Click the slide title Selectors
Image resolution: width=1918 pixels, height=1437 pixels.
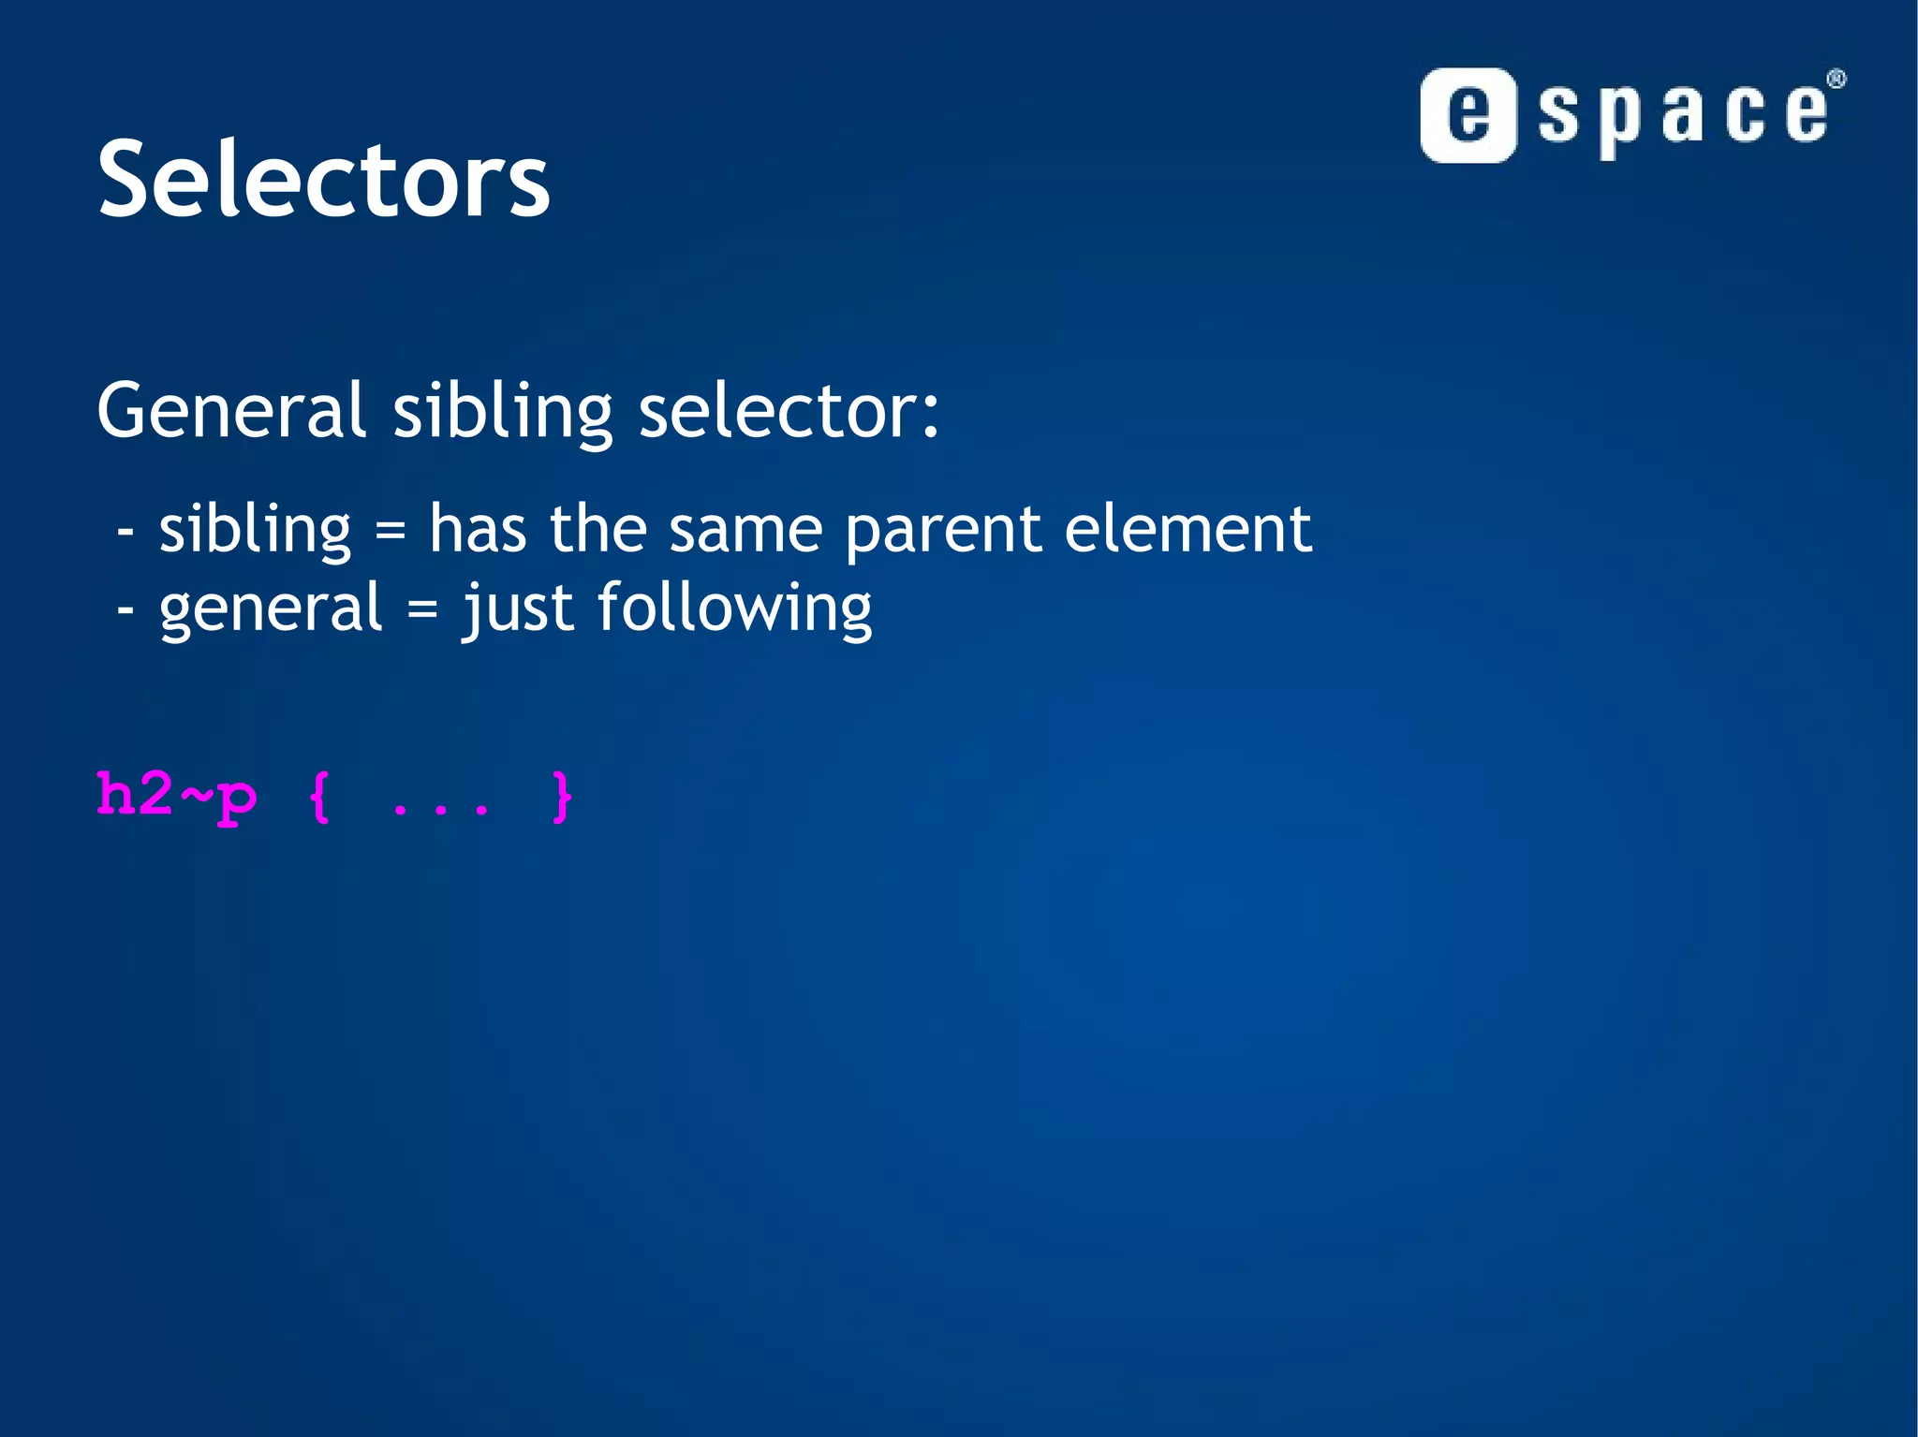tap(323, 180)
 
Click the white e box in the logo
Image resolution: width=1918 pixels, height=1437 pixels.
tap(1468, 115)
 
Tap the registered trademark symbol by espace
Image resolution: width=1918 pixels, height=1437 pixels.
tap(1837, 80)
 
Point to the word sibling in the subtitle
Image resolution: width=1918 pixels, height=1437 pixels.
tap(502, 412)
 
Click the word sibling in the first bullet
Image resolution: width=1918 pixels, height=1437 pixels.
tap(255, 530)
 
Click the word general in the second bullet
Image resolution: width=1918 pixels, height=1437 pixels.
tap(271, 609)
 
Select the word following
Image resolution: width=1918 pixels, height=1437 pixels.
tap(734, 609)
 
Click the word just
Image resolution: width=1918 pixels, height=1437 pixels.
tap(518, 609)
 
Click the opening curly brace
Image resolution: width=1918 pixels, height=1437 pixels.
tap(320, 797)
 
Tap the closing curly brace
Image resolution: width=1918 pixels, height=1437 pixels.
tap(561, 797)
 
